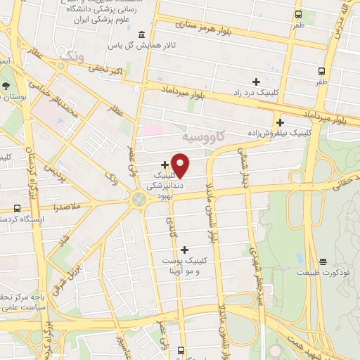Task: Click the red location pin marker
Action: [181, 165]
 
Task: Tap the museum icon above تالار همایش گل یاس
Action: [142, 35]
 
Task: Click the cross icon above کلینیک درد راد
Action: [256, 82]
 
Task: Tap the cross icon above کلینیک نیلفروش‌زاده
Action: [280, 122]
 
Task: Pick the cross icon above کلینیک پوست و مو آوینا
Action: [184, 250]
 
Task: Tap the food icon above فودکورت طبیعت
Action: [323, 261]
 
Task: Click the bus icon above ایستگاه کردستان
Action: [16, 208]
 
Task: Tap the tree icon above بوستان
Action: [6, 85]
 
